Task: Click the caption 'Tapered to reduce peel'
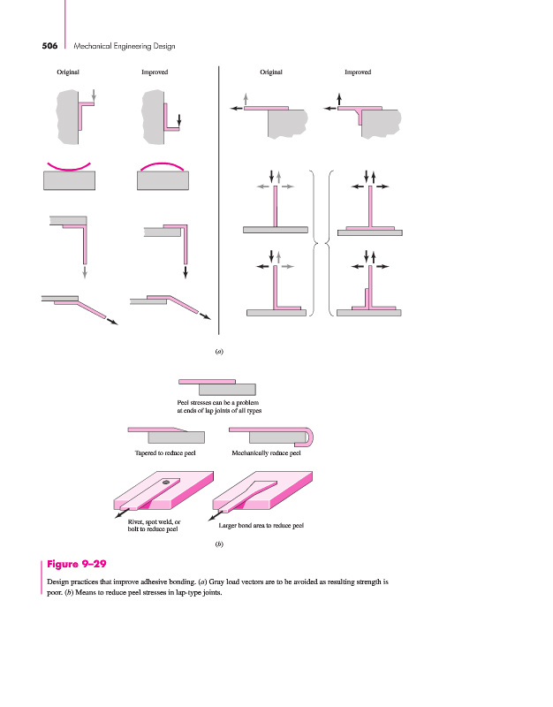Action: [164, 453]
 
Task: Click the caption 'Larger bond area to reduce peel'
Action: [261, 527]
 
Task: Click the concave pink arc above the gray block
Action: [69, 166]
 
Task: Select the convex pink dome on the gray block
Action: [163, 164]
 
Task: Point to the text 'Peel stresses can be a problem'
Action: [217, 403]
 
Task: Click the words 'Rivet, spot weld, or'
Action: [155, 522]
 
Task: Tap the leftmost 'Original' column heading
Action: [68, 72]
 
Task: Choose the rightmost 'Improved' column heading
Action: [357, 72]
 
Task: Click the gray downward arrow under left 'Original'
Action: [94, 94]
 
